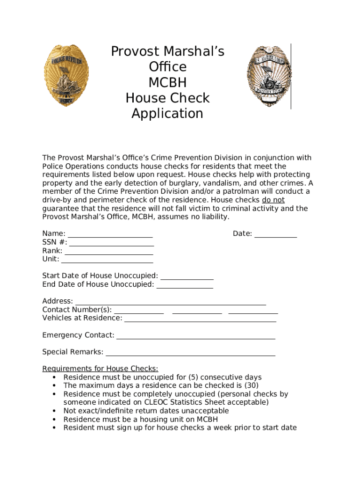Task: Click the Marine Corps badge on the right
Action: click(265, 76)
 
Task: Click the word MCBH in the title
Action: click(167, 82)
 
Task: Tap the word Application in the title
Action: click(167, 114)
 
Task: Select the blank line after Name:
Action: click(110, 234)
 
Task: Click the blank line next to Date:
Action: click(275, 234)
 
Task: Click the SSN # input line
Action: click(111, 243)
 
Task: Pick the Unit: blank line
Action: click(107, 260)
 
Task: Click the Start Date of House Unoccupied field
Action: click(187, 276)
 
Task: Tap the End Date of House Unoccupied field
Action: click(185, 285)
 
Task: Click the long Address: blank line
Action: click(171, 302)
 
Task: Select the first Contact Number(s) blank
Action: click(139, 310)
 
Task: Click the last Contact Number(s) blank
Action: click(253, 310)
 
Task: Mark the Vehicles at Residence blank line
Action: click(200, 319)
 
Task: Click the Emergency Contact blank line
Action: click(195, 336)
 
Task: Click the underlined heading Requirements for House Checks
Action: click(100, 369)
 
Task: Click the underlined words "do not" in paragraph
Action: click(273, 200)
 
